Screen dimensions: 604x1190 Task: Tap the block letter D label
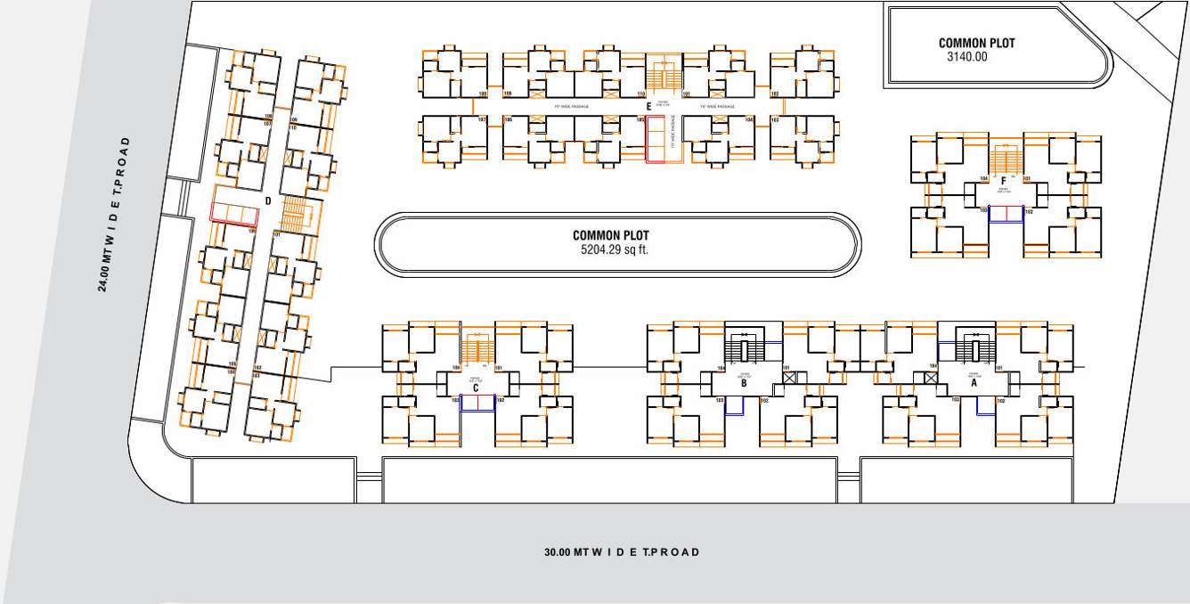pos(268,200)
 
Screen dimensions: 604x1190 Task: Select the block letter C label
pos(476,388)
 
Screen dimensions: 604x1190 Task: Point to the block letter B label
pos(744,385)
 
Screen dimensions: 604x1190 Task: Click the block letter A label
pos(974,385)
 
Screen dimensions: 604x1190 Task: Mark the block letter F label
pos(1003,180)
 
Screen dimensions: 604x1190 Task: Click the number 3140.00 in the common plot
pos(967,56)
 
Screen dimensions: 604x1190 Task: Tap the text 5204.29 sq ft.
pos(615,250)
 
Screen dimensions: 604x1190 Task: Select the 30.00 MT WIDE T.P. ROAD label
pos(622,552)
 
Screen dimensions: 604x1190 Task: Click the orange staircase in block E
pos(661,78)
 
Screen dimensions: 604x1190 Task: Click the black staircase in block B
pos(743,347)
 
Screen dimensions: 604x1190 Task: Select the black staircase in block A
pos(974,347)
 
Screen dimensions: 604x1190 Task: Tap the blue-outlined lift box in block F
pos(1005,213)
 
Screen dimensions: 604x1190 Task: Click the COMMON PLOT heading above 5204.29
pos(611,236)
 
